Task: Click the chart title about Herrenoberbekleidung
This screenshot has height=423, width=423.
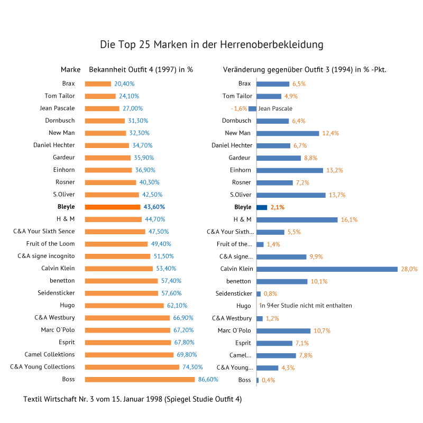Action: pos(212,44)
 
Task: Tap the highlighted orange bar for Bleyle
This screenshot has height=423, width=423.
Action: pos(113,207)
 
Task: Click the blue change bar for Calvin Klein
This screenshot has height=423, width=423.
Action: pos(327,269)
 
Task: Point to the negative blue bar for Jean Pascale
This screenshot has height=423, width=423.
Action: pos(253,108)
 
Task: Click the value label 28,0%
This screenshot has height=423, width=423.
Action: pos(409,269)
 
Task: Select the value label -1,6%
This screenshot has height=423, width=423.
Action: pos(239,108)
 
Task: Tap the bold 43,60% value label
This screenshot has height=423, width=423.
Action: pos(154,207)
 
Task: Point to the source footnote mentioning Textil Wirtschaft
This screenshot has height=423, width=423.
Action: pos(133,399)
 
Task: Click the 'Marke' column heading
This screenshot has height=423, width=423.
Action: pos(70,70)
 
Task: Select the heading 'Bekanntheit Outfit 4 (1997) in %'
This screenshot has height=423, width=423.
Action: pos(141,70)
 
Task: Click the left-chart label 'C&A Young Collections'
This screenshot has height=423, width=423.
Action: pos(42,367)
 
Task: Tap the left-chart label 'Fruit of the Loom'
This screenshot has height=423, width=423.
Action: pos(50,244)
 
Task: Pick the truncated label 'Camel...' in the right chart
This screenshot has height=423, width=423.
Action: pos(241,355)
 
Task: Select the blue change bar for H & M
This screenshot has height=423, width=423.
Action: pos(297,219)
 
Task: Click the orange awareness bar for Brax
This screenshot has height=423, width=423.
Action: pos(98,84)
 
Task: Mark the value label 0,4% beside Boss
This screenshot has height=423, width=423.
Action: pos(269,380)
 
